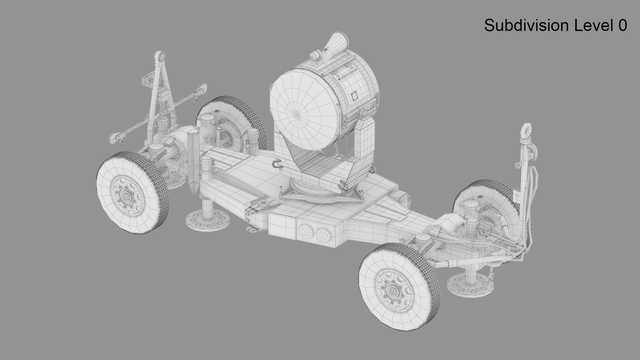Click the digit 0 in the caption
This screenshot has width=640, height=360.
[622, 26]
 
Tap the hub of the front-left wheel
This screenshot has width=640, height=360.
[126, 197]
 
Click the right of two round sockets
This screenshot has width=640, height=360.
[322, 234]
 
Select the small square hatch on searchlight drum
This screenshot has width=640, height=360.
[354, 97]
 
